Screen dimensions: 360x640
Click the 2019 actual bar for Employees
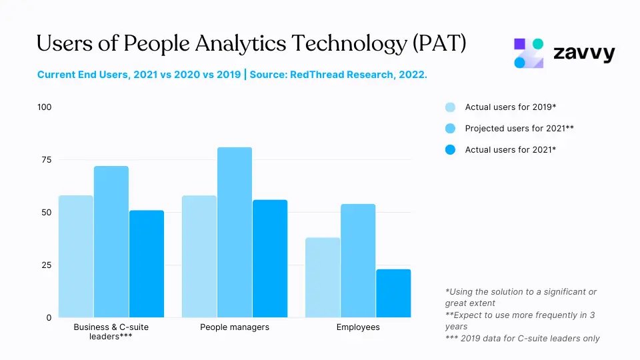click(x=323, y=277)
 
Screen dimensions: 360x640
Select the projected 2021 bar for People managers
click(x=235, y=232)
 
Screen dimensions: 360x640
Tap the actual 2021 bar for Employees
click(x=393, y=293)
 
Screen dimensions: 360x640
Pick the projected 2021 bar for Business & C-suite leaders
click(x=111, y=241)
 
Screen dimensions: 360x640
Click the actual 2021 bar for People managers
click(x=270, y=259)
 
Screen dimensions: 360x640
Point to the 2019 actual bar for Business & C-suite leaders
click(x=76, y=257)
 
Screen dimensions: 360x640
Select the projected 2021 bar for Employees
click(x=358, y=261)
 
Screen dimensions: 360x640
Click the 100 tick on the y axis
click(x=44, y=107)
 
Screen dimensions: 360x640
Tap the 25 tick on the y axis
click(x=46, y=265)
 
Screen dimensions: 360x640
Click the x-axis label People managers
click(x=235, y=327)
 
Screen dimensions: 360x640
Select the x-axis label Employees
click(x=358, y=327)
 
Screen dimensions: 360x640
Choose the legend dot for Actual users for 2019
click(x=450, y=107)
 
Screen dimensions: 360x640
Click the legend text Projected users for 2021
click(x=519, y=129)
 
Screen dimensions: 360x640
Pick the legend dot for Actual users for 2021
click(x=450, y=150)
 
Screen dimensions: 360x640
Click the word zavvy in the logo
click(x=584, y=54)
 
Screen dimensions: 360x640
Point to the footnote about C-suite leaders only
click(x=522, y=339)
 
